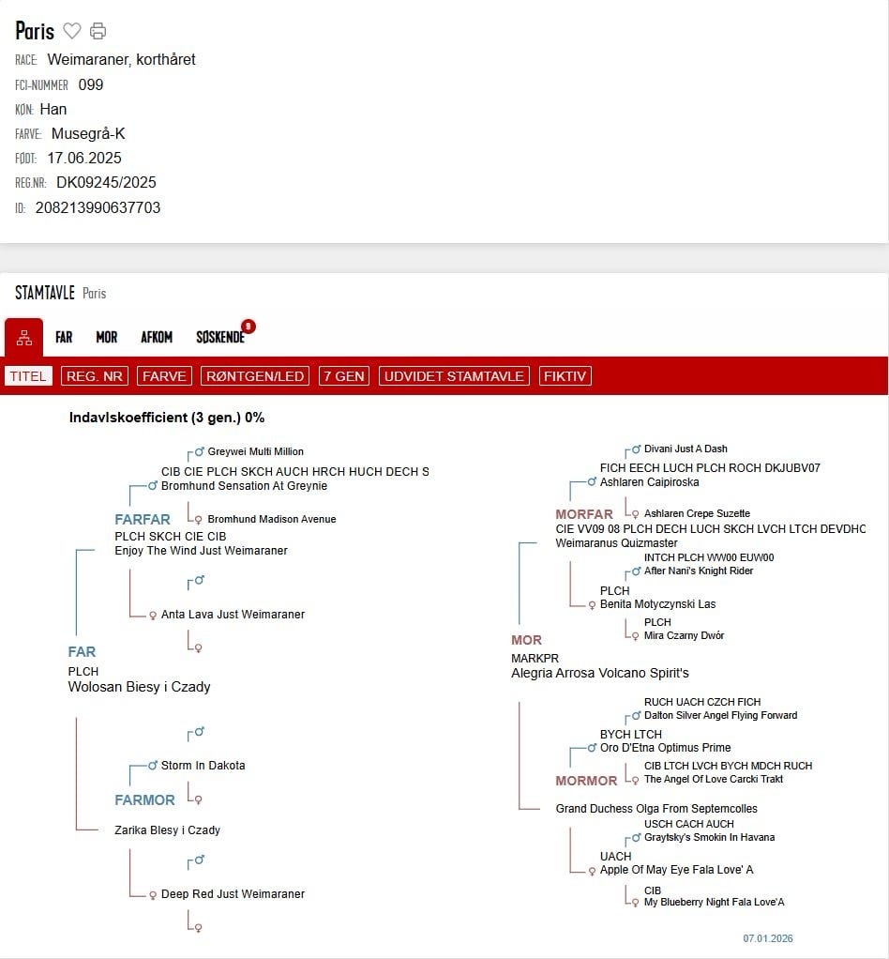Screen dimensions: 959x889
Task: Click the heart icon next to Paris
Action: pyautogui.click(x=72, y=31)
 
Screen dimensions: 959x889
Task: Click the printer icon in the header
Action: pyautogui.click(x=98, y=31)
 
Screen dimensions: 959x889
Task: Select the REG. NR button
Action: pyautogui.click(x=95, y=376)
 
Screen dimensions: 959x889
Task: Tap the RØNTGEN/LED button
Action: pyautogui.click(x=255, y=376)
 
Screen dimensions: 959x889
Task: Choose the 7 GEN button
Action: pyautogui.click(x=343, y=376)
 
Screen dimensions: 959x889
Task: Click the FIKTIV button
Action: pyautogui.click(x=565, y=376)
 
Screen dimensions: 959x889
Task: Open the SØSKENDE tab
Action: pyautogui.click(x=220, y=337)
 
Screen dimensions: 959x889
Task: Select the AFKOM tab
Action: pyautogui.click(x=157, y=337)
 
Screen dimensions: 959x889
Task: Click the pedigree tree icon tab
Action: pyautogui.click(x=24, y=338)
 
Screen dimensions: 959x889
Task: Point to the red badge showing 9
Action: pyautogui.click(x=248, y=327)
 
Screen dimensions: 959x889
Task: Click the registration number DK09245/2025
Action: pyautogui.click(x=106, y=182)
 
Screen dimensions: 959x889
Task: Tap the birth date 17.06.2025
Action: pyautogui.click(x=84, y=158)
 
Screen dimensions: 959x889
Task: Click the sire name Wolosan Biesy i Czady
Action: pyautogui.click(x=139, y=687)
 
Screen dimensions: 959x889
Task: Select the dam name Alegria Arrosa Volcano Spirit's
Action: pyautogui.click(x=600, y=673)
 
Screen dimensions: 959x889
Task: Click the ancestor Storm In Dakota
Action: pyautogui.click(x=203, y=766)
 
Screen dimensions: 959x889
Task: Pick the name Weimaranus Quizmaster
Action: pyautogui.click(x=616, y=543)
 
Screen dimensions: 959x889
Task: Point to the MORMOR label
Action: pyautogui.click(x=586, y=781)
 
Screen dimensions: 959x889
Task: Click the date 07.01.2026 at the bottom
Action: pyautogui.click(x=768, y=938)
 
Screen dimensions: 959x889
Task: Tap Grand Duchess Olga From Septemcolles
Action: pyautogui.click(x=656, y=809)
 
